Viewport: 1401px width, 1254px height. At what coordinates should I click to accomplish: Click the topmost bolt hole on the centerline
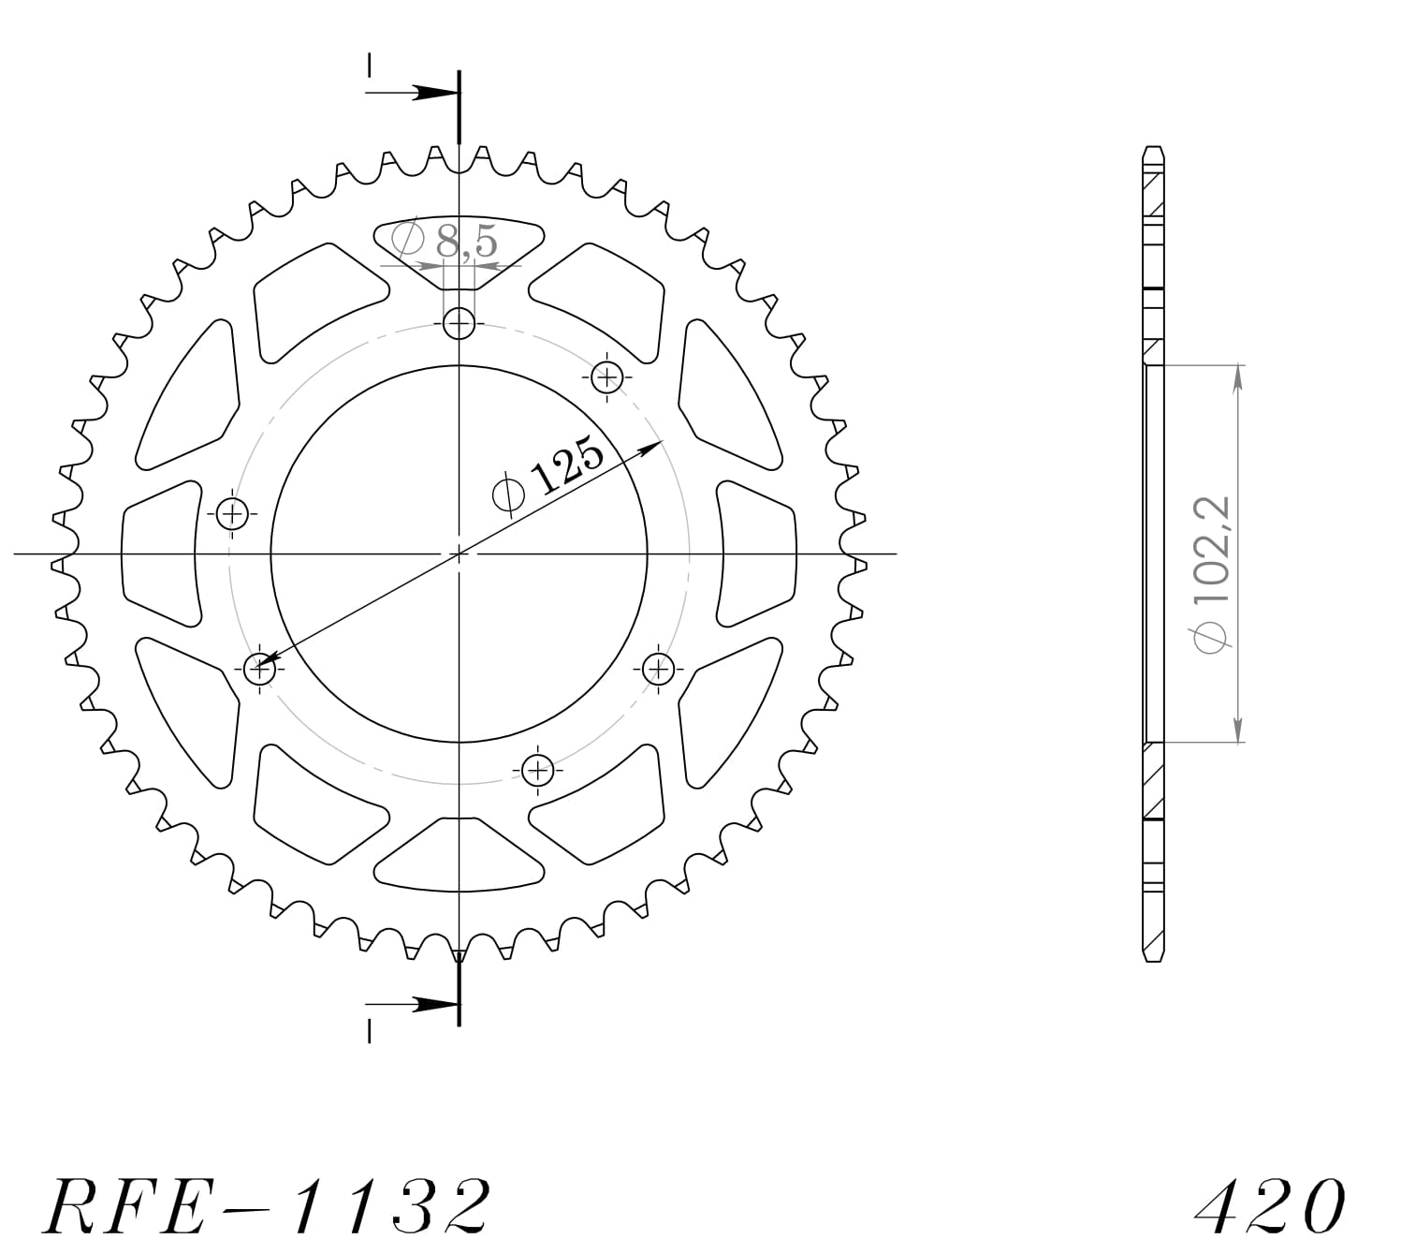[459, 325]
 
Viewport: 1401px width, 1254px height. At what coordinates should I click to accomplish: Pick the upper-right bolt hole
[607, 377]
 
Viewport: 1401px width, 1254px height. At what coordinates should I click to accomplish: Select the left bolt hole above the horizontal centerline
[233, 513]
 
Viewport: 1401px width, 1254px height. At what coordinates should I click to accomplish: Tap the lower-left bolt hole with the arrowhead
[259, 669]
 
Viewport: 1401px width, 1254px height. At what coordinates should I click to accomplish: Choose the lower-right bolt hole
[659, 669]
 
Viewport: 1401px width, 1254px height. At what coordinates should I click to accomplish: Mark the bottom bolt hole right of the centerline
[537, 771]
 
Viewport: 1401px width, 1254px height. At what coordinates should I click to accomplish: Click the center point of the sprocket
[459, 553]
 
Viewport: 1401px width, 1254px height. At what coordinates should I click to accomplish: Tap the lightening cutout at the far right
[757, 553]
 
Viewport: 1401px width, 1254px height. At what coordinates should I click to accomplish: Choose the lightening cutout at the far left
[161, 553]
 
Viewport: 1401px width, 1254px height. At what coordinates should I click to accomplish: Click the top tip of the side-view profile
[1153, 150]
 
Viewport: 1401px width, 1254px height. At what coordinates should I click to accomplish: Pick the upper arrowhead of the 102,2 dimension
[1238, 375]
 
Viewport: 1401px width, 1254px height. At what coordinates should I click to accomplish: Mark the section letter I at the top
[370, 65]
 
